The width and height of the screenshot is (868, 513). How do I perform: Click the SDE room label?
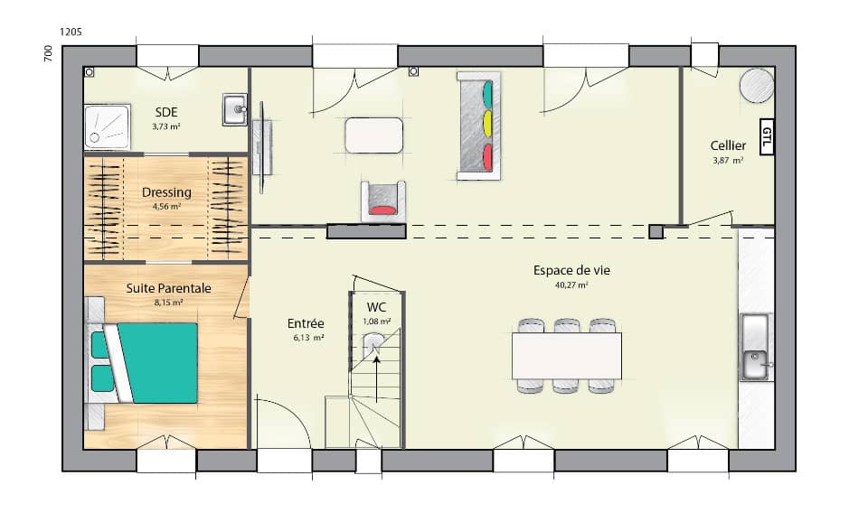pos(165,112)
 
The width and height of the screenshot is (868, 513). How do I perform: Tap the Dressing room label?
pos(166,192)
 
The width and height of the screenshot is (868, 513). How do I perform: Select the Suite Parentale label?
pos(168,288)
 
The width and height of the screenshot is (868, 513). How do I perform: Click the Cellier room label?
pos(728,145)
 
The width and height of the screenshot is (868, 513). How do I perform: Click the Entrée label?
pos(306,323)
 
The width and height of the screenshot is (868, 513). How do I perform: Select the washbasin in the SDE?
pos(235,110)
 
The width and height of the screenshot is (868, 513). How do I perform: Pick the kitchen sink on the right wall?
pos(755,348)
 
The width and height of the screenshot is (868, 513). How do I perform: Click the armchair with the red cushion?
pos(383,201)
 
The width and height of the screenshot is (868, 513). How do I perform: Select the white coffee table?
pos(373,135)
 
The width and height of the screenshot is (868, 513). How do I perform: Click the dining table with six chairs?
pos(567,356)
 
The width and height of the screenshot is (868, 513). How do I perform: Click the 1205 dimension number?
pos(71,32)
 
